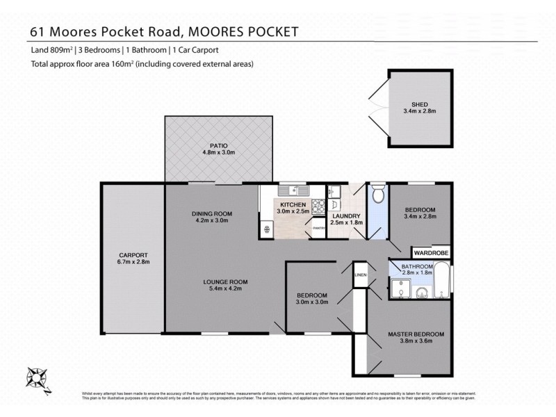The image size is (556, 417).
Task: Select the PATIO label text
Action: coord(215,145)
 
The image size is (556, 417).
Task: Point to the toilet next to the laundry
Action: coord(377,197)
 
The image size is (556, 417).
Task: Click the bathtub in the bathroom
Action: coord(442,285)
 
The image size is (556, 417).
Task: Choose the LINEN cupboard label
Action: coord(359,275)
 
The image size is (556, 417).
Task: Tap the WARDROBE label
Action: coord(431,254)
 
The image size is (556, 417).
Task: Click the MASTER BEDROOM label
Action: coord(415,334)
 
